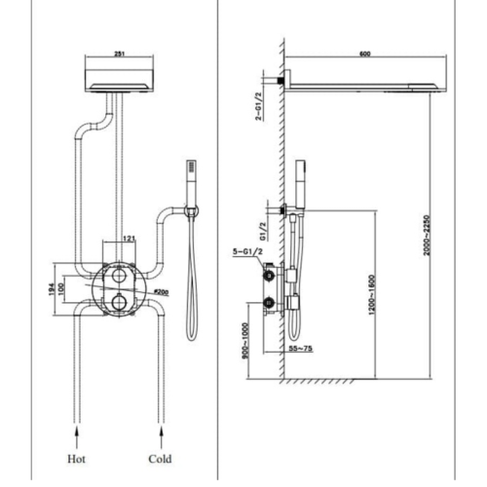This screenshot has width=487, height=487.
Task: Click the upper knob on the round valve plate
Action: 119,275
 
